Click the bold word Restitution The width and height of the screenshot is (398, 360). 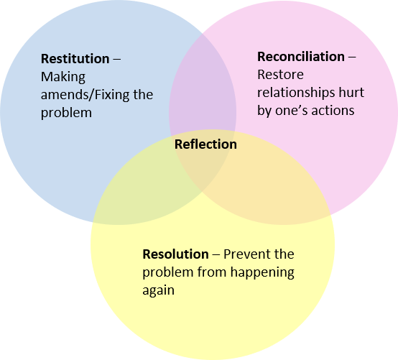coord(75,59)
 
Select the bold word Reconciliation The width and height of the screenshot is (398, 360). coord(301,56)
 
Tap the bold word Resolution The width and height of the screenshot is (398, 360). coord(175,254)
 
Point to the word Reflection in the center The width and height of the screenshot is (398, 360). coord(205,144)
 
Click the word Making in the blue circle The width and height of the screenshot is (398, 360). coord(63,77)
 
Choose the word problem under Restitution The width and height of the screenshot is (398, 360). coord(66,113)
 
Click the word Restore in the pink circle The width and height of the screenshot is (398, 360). coord(280,75)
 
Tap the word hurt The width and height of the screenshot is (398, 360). coord(351,93)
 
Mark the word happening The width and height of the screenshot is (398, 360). coord(262,272)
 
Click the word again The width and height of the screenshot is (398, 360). coord(158,291)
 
